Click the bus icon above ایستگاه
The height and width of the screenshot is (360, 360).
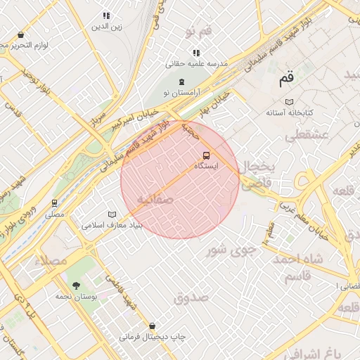click(x=206, y=155)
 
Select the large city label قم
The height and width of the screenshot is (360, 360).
click(x=287, y=79)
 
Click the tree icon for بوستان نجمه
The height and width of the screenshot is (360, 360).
click(x=75, y=285)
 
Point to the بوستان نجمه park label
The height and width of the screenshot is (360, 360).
click(x=76, y=297)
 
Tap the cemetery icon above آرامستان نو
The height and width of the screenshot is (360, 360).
click(x=182, y=82)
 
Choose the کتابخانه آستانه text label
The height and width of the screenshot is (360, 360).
click(x=289, y=112)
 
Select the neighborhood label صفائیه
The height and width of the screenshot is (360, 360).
click(x=154, y=199)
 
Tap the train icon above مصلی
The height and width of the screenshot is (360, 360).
click(x=54, y=203)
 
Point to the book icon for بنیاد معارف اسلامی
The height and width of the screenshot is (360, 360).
click(x=112, y=214)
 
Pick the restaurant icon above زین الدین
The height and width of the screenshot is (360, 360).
click(x=106, y=15)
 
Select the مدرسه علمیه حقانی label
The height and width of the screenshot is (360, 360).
click(x=197, y=63)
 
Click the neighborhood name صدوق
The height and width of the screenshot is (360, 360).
click(x=191, y=298)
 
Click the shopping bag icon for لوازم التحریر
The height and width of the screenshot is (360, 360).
click(x=20, y=34)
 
